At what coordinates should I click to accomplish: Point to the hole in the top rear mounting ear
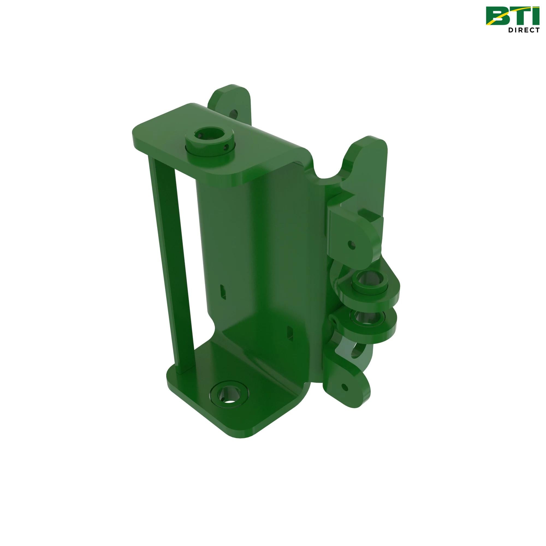(x=234, y=114)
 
